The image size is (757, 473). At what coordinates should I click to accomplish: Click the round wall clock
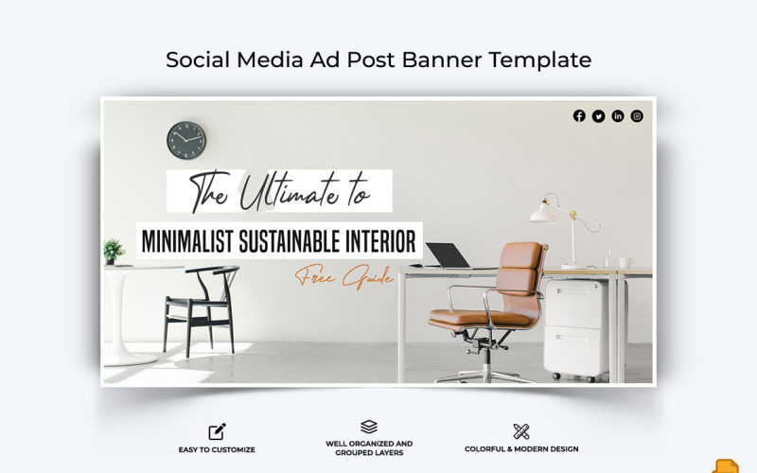pos(186,140)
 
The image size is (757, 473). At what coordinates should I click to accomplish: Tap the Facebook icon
pos(579,116)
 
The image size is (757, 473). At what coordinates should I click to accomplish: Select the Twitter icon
pos(598,116)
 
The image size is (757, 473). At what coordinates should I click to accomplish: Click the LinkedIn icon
pos(618,116)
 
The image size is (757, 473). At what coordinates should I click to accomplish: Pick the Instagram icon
pos(637,116)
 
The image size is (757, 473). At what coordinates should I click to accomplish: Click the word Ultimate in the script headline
pos(288,193)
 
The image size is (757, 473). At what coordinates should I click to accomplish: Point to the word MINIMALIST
pos(194,240)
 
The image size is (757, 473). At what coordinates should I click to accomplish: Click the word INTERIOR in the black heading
pos(381,240)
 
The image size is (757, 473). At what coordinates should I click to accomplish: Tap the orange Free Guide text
pos(343,276)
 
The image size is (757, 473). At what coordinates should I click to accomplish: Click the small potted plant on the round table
pos(114,251)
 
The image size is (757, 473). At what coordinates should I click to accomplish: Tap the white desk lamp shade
pos(543,212)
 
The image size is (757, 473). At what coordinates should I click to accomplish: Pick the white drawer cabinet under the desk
pos(576,327)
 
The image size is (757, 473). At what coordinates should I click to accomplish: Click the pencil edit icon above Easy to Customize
pos(217,431)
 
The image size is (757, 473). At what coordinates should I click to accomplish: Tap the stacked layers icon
pos(369,427)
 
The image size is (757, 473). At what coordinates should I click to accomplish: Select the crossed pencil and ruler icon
pos(521,431)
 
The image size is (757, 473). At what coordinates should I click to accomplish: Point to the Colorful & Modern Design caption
pos(521,449)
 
